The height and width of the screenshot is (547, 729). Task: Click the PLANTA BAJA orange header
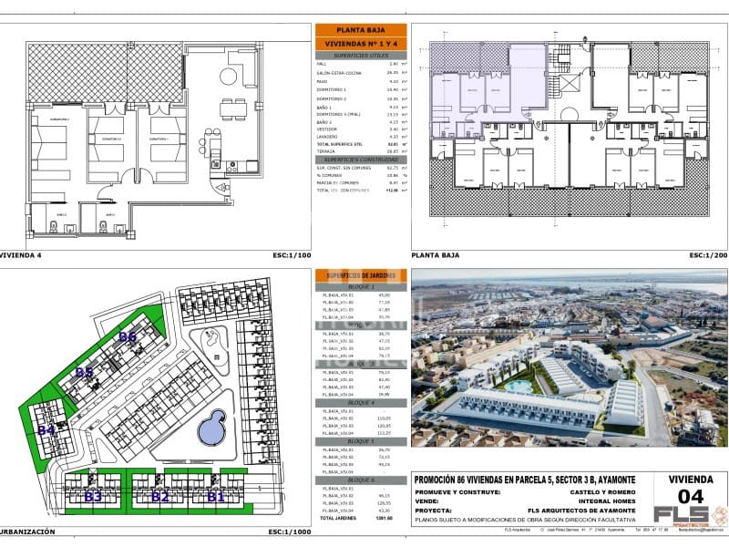click(x=360, y=30)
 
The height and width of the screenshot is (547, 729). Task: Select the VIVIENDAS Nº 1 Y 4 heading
click(x=360, y=43)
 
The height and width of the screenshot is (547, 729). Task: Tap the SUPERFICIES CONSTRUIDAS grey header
click(x=360, y=160)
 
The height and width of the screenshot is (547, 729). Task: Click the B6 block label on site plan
click(x=128, y=337)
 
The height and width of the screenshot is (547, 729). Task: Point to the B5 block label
click(x=85, y=372)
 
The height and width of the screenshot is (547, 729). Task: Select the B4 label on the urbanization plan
click(x=46, y=430)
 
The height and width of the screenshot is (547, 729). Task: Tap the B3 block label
click(x=93, y=497)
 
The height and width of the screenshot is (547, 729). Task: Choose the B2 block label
click(x=160, y=497)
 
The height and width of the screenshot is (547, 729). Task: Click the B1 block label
click(x=216, y=497)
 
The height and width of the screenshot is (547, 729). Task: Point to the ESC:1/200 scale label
click(x=708, y=256)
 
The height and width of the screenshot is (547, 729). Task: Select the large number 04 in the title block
click(x=692, y=497)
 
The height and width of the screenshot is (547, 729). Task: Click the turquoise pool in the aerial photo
click(x=519, y=386)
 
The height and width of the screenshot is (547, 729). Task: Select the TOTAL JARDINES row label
click(x=340, y=518)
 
